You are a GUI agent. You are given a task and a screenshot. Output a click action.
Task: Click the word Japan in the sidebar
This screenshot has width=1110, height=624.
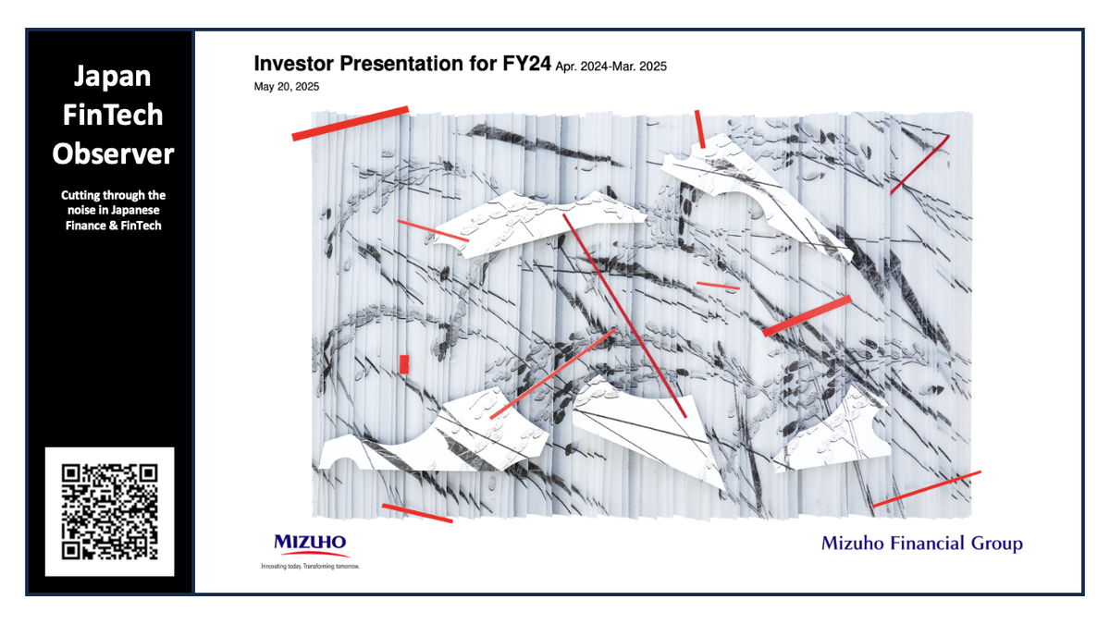coord(112,76)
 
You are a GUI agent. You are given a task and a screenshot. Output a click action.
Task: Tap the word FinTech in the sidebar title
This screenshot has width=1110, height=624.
coord(112,115)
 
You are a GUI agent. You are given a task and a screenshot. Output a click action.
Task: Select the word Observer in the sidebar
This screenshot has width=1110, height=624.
coord(112,153)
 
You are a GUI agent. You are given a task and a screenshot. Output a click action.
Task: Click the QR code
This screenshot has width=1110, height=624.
coord(109,511)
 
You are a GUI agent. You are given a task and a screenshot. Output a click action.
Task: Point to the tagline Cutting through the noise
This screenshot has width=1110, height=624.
coord(113,210)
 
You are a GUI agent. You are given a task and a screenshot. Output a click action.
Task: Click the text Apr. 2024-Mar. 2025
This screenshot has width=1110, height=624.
coord(610,67)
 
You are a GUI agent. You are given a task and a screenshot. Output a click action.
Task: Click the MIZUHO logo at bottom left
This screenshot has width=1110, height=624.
coord(310,543)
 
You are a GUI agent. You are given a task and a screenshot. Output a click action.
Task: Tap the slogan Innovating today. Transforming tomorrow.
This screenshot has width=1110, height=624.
coord(310,565)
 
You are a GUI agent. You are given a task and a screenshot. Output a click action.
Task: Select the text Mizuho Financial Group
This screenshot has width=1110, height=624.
coord(921,544)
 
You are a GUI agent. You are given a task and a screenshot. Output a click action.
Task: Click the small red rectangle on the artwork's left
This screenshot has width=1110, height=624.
coord(403,364)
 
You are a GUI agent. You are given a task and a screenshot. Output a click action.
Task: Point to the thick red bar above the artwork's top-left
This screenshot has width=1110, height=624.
coord(350,123)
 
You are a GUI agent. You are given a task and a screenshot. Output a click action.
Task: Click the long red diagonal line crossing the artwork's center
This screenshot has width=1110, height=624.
coord(624,314)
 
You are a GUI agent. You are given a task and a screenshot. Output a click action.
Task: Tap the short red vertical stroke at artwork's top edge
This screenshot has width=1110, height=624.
coord(700,129)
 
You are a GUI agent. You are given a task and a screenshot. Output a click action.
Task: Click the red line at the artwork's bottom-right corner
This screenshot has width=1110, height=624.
coord(926,489)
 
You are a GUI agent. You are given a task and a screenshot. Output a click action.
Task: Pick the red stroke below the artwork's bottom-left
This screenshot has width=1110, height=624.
coord(417,513)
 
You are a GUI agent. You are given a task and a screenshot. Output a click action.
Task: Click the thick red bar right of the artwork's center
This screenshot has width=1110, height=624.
coord(807,316)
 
